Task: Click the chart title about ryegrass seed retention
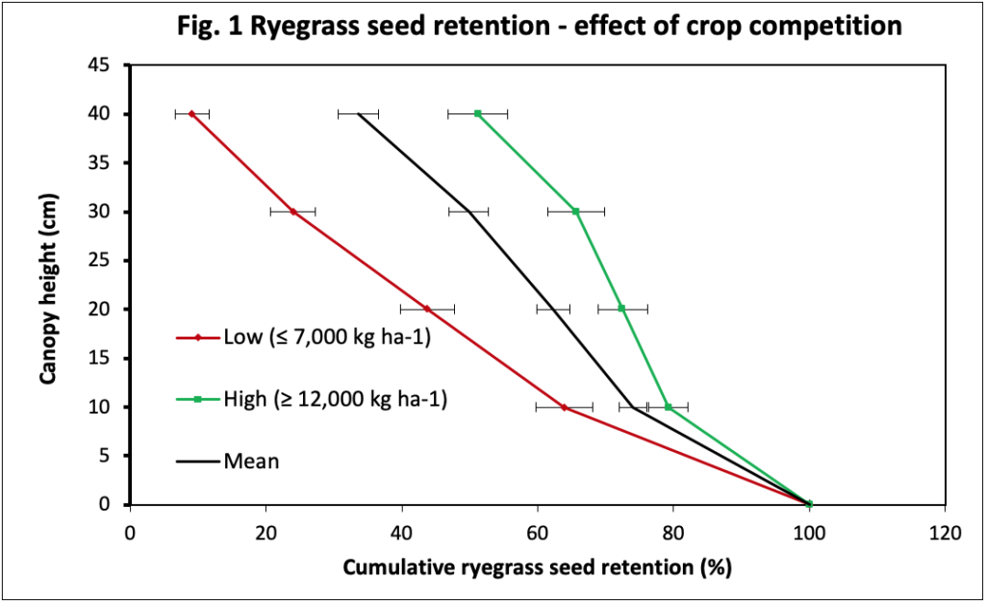coord(539,26)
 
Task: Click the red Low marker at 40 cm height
coord(191,113)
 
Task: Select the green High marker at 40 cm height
coord(478,113)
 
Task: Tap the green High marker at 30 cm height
coord(576,212)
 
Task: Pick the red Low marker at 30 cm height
coord(292,212)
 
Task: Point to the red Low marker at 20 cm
coord(427,309)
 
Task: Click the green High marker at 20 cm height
coord(621,309)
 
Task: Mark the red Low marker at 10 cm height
coord(564,407)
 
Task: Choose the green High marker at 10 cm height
coord(669,407)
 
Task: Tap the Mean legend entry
coord(251,461)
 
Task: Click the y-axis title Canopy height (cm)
coord(48,286)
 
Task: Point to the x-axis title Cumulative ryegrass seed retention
coord(538,567)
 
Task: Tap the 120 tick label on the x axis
coord(945,530)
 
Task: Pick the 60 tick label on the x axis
coord(538,530)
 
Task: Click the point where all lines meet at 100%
coord(809,504)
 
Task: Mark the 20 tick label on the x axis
coord(266,530)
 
